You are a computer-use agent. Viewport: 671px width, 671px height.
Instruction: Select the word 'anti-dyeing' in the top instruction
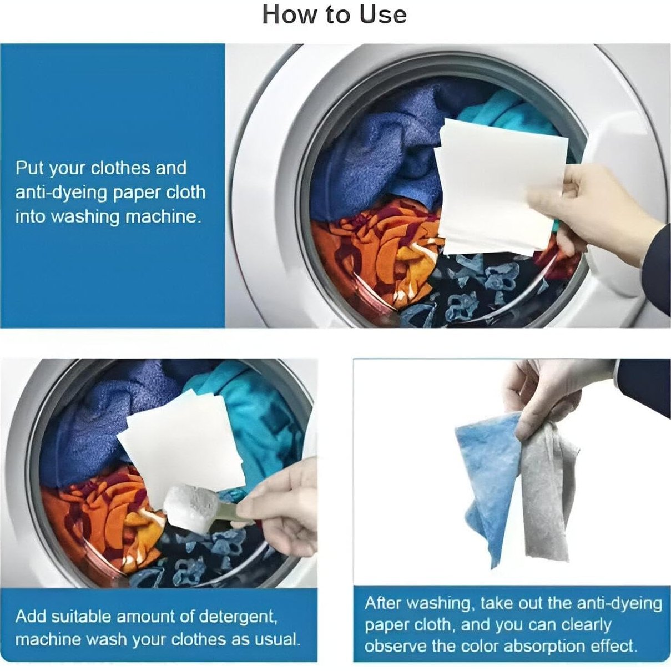point(61,193)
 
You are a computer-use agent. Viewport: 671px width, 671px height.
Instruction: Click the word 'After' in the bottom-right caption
point(383,603)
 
